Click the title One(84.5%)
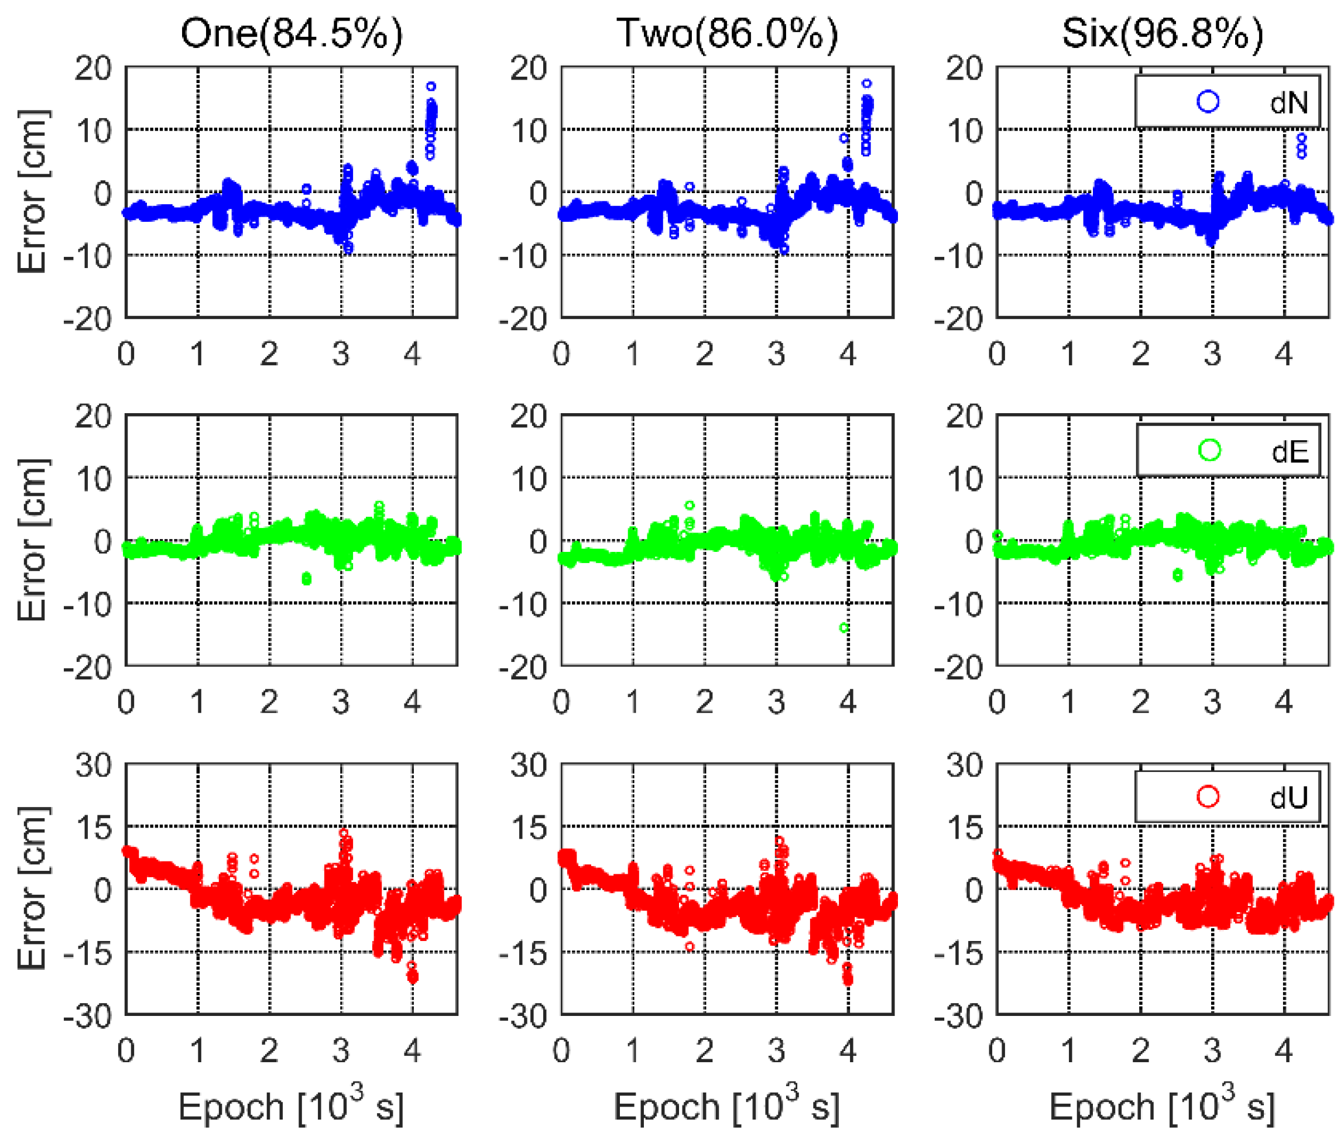291,33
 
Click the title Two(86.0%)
726,33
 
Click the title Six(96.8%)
1162,33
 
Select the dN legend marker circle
1208,101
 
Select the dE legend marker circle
1209,451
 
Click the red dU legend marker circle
1208,797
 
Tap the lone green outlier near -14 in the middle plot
844,627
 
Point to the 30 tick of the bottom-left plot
93,765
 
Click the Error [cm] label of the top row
32,192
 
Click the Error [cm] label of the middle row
32,540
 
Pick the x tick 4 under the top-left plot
413,354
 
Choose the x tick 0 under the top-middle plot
561,354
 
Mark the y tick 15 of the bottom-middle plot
528,828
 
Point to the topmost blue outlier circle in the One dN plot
431,86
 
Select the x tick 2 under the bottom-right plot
1140,1051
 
